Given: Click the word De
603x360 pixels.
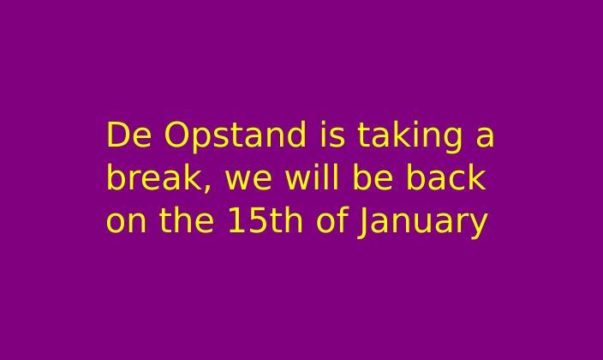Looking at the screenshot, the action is pyautogui.click(x=128, y=135).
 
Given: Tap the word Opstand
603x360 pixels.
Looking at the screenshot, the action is pyautogui.click(x=235, y=137).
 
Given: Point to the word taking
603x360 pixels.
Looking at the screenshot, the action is pyautogui.click(x=410, y=137).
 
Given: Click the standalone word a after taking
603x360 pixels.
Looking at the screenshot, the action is pyautogui.click(x=485, y=137).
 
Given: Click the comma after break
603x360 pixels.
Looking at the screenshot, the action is pyautogui.click(x=207, y=188).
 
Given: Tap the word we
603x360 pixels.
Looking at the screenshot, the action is pyautogui.click(x=248, y=180).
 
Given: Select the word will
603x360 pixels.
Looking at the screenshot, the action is pyautogui.click(x=312, y=177).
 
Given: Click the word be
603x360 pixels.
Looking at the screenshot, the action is pyautogui.click(x=373, y=177).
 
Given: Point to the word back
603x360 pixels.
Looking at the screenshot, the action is pyautogui.click(x=446, y=177).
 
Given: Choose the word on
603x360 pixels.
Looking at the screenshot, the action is pyautogui.click(x=126, y=223).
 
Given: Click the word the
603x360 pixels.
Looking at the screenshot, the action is pyautogui.click(x=187, y=219).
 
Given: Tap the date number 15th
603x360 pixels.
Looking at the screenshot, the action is pyautogui.click(x=266, y=219).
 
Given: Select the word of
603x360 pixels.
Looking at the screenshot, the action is pyautogui.click(x=332, y=219).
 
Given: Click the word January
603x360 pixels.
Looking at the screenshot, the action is pyautogui.click(x=422, y=223).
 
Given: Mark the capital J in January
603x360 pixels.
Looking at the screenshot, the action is pyautogui.click(x=362, y=224).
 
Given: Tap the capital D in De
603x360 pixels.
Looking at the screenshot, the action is pyautogui.click(x=117, y=135).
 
